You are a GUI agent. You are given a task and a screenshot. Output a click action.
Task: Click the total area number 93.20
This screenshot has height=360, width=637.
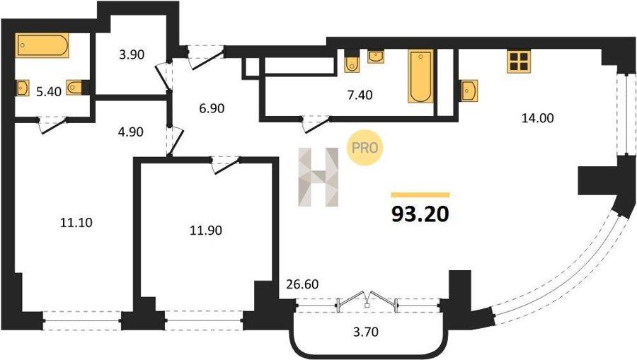[x=420, y=214]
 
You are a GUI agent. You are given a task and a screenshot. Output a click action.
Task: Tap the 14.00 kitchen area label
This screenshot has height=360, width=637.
[x=537, y=118]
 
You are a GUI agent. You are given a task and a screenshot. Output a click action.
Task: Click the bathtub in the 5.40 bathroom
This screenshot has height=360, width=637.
[x=42, y=45]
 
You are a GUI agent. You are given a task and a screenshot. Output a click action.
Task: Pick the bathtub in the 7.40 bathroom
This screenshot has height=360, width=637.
[x=420, y=76]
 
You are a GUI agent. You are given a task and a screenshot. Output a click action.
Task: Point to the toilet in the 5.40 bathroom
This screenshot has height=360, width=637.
[x=76, y=87]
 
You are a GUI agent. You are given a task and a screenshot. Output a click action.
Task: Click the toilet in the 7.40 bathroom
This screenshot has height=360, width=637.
[x=352, y=62]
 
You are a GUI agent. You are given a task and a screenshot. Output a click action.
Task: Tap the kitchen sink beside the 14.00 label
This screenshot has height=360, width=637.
[x=469, y=91]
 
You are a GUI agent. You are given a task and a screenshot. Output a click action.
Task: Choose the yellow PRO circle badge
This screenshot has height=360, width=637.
[x=365, y=147]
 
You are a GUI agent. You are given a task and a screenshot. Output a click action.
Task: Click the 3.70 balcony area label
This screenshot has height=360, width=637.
[x=366, y=332]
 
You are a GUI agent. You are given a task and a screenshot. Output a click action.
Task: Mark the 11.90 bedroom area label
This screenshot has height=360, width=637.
[x=206, y=231]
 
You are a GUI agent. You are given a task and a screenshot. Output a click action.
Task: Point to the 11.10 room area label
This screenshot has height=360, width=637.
[x=76, y=222]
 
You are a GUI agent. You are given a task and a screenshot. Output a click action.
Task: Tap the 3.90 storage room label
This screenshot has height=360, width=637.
[x=132, y=54]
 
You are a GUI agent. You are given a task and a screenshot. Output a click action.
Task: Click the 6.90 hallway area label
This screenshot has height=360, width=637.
[x=212, y=108]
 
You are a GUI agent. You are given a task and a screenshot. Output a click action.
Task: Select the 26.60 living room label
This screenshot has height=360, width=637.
[x=302, y=284]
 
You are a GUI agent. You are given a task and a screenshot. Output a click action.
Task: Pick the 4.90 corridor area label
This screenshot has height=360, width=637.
[x=130, y=132]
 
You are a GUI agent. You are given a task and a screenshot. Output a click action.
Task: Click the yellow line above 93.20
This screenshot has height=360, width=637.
[x=420, y=194]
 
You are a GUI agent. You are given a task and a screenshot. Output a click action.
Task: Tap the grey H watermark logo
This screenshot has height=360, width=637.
[x=318, y=177]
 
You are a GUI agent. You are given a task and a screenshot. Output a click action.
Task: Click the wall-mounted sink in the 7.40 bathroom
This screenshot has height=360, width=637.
[x=377, y=57]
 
